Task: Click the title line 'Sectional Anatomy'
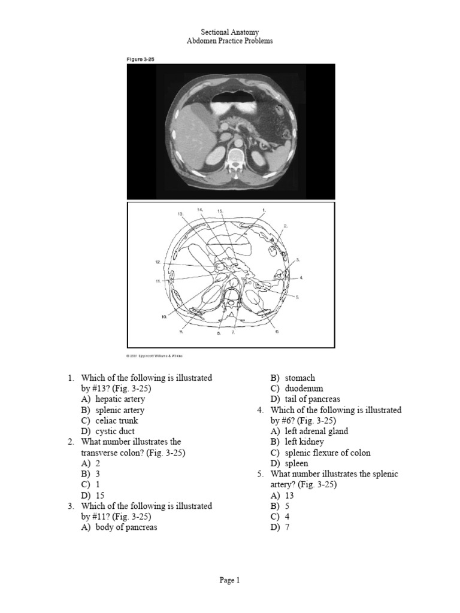click(x=230, y=31)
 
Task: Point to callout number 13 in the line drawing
click(x=179, y=214)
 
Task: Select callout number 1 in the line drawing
click(x=263, y=210)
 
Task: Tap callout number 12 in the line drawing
click(x=158, y=262)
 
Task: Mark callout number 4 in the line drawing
click(x=301, y=278)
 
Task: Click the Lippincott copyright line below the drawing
click(x=155, y=355)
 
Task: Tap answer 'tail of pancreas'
click(x=313, y=399)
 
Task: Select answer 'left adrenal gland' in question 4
click(x=317, y=431)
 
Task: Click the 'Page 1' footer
click(x=229, y=580)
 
